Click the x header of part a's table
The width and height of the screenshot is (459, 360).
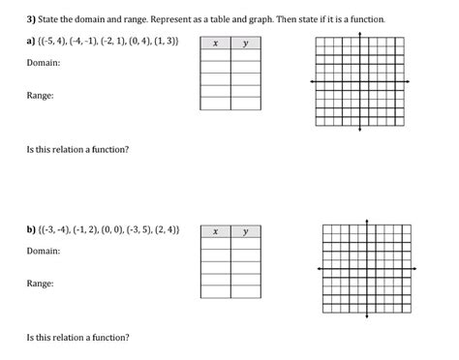point(215,43)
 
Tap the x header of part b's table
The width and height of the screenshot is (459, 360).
point(215,231)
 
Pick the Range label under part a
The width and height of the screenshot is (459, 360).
point(40,96)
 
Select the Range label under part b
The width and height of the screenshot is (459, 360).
point(40,284)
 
